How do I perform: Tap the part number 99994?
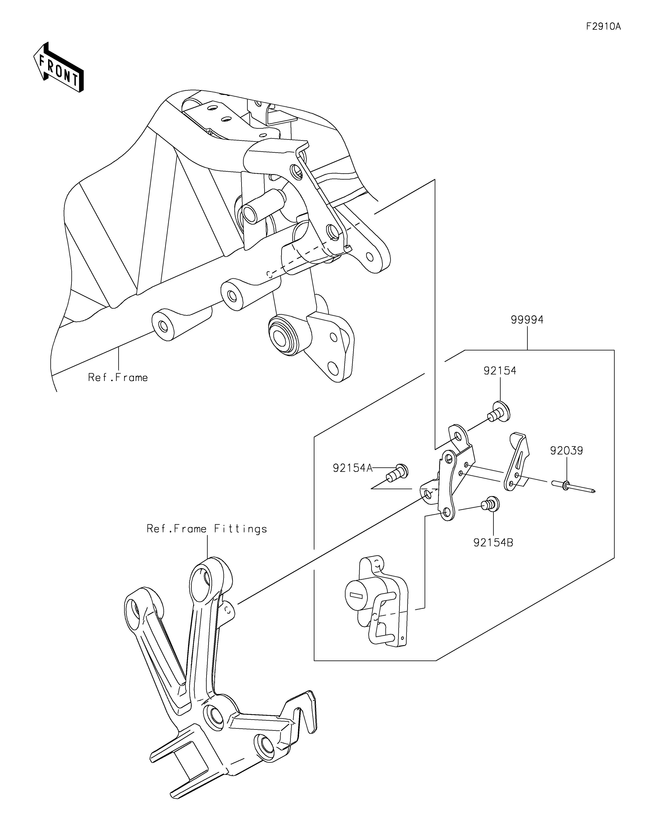click(x=527, y=319)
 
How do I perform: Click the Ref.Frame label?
click(x=118, y=378)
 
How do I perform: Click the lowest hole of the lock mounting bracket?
click(x=446, y=512)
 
